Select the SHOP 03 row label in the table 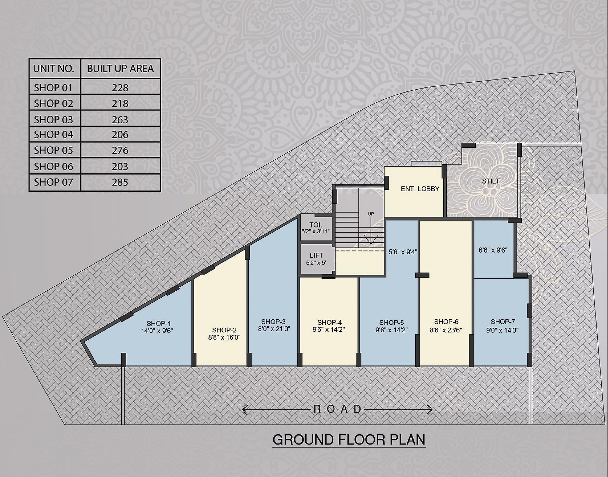click(53, 120)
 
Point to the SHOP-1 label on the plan click(159, 323)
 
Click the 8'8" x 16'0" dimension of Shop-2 click(224, 337)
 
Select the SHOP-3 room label click(274, 322)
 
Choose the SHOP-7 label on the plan click(503, 322)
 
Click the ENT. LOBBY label click(420, 189)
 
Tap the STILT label click(491, 181)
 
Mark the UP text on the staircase click(371, 214)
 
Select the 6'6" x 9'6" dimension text click(493, 250)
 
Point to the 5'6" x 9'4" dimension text click(403, 252)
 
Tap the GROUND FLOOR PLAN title click(349, 440)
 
